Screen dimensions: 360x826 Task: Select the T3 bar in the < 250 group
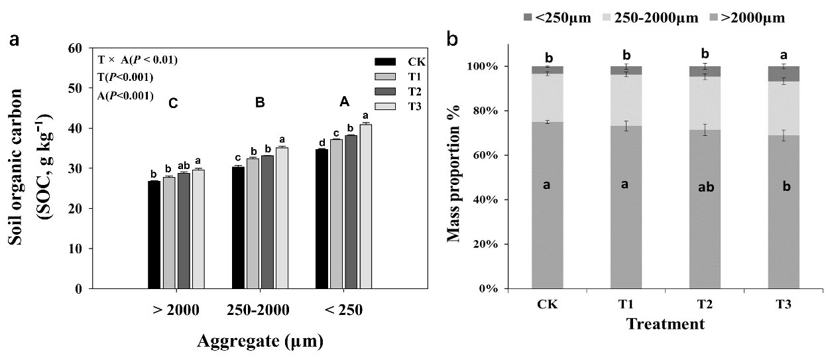(365, 206)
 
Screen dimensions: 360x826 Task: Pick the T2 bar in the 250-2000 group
(267, 221)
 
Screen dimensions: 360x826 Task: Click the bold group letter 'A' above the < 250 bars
(344, 102)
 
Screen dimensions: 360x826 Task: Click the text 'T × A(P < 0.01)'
(137, 60)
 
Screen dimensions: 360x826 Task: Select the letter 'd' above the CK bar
(322, 143)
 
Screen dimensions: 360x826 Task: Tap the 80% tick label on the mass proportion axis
(485, 111)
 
